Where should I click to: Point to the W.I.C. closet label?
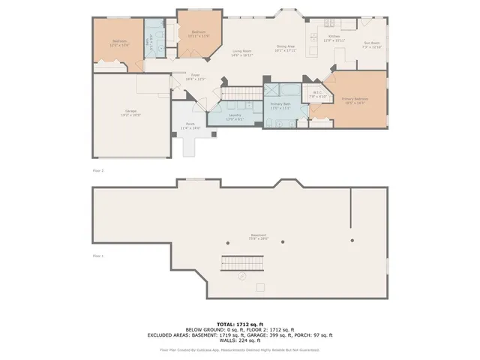tap(318, 95)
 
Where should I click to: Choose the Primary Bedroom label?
tap(353, 100)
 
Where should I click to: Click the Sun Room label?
tap(373, 45)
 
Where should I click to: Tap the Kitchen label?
tap(334, 38)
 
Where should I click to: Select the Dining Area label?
tap(286, 49)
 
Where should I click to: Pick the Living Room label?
tap(241, 53)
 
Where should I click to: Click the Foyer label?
tap(195, 77)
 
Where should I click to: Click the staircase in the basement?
tap(243, 263)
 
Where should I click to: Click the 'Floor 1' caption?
tap(97, 256)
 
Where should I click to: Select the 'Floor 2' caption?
tap(97, 171)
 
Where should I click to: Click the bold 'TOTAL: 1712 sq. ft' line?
tap(239, 324)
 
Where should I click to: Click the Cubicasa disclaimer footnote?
tap(239, 349)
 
